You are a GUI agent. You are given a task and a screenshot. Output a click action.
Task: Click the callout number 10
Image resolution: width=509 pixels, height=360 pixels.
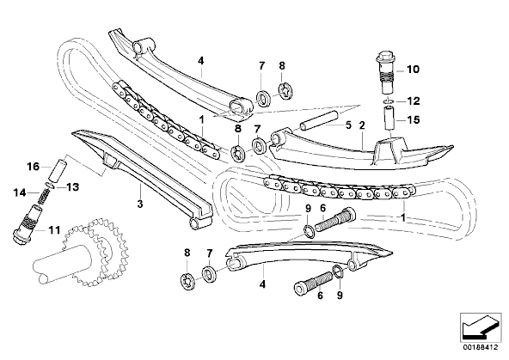pos(413,69)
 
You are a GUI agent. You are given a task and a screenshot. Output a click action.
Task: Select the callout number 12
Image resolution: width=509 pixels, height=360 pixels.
pos(414,101)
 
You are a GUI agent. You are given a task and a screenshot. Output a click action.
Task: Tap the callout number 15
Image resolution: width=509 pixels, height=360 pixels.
pos(414,119)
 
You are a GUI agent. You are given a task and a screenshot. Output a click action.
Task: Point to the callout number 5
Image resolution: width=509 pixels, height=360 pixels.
pos(348,125)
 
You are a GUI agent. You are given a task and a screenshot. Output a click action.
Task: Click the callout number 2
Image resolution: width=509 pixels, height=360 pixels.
pos(362,125)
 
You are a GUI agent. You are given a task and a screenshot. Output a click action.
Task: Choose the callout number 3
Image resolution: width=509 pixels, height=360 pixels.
pos(140,204)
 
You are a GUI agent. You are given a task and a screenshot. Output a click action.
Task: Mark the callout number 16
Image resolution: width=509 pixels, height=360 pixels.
pos(34,167)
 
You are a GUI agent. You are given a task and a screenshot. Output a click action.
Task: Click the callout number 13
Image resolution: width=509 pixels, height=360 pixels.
pos(73,187)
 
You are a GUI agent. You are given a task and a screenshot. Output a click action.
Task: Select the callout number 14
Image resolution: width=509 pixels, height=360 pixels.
pos(20,193)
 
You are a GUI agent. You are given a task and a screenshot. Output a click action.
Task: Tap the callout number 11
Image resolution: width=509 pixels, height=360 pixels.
pos(54,230)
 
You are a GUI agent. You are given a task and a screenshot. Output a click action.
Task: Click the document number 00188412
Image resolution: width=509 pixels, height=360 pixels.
pos(480,347)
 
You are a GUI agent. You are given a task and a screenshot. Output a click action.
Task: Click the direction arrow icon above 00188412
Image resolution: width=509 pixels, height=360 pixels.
pos(480,326)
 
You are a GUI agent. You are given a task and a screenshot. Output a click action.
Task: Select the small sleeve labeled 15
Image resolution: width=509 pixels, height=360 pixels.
pos(389,119)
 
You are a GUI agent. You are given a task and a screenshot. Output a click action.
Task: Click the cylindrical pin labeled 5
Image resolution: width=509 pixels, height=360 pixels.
pos(319,121)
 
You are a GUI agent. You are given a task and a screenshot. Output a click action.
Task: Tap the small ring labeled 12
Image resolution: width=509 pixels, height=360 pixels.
pos(389,101)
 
